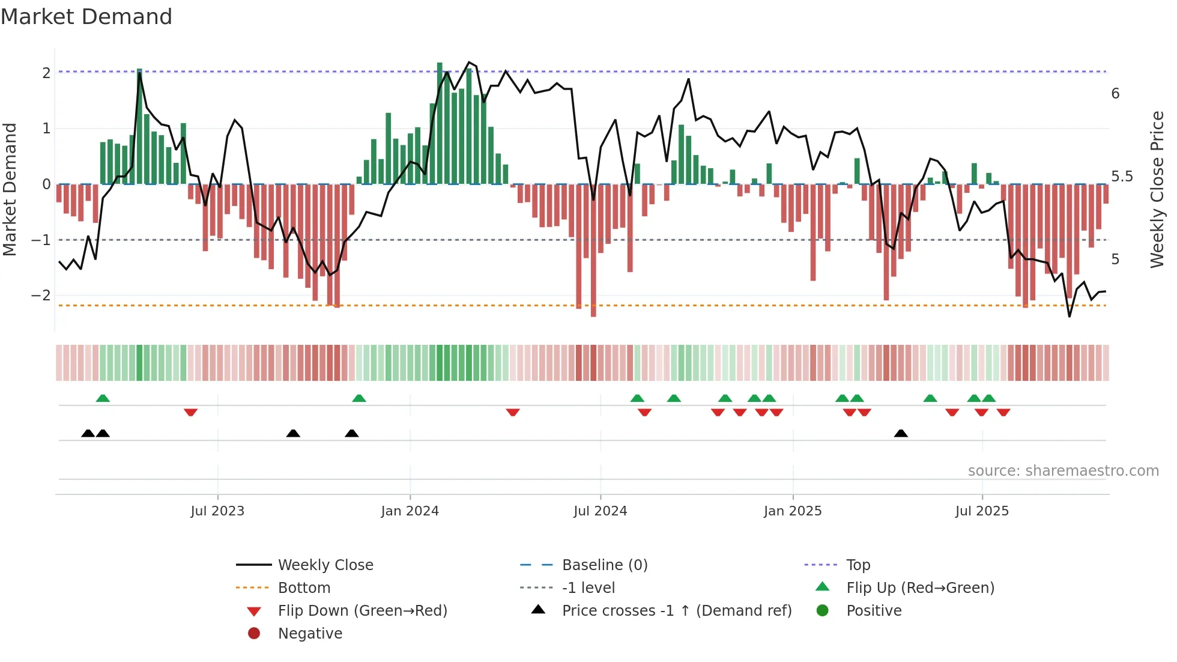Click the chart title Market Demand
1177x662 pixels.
coord(86,17)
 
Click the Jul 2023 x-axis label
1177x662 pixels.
coord(217,511)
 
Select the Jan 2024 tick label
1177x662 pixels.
coord(410,511)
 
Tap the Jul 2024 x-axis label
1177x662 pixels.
coord(600,511)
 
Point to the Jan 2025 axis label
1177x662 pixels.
coord(793,511)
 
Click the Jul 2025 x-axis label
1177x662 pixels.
coord(982,511)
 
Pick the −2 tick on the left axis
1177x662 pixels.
coord(41,296)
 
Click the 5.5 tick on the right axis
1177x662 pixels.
coord(1122,177)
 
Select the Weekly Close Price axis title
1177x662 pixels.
coord(1157,189)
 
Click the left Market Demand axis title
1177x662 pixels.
coord(10,189)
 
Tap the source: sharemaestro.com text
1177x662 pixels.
coord(1063,471)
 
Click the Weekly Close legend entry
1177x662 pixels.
coord(325,565)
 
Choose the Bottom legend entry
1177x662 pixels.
coord(304,588)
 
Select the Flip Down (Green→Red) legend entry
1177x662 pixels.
coord(362,611)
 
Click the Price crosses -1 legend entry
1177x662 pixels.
coord(676,611)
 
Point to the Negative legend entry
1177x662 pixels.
coord(310,634)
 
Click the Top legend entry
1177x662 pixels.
coord(858,565)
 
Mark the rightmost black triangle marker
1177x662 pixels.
coord(901,434)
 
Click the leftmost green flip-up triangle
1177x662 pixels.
coord(103,398)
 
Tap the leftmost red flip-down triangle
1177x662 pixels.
coord(190,412)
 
